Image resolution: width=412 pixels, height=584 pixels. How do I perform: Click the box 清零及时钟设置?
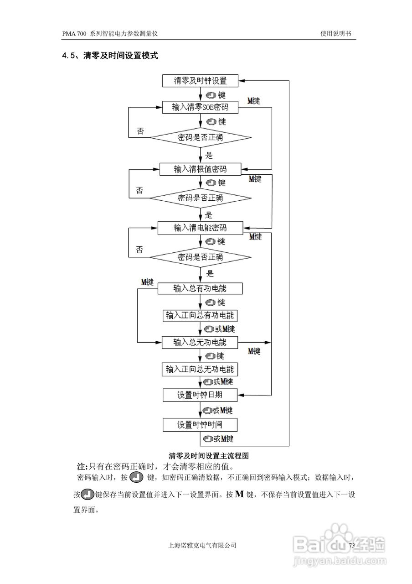pos(201,81)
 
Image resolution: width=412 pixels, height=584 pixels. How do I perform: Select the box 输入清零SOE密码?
pos(201,107)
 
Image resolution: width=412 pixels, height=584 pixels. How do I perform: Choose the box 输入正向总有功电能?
pos(201,315)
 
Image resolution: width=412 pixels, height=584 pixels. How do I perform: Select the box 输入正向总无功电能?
pos(201,369)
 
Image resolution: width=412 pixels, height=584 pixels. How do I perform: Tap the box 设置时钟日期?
pos(201,395)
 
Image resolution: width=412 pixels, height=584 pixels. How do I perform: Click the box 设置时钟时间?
pos(201,425)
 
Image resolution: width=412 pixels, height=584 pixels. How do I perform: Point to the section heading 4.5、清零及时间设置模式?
pos(110,56)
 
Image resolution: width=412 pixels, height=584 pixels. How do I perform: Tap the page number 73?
pos(351,546)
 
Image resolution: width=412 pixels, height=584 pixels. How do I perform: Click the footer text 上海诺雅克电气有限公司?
pos(202,545)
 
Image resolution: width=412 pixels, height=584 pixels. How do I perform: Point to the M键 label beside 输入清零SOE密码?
pos(253,101)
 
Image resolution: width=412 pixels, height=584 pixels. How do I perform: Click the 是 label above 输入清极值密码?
pos(209,155)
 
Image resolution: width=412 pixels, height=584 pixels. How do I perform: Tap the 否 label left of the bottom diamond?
pos(139,250)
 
